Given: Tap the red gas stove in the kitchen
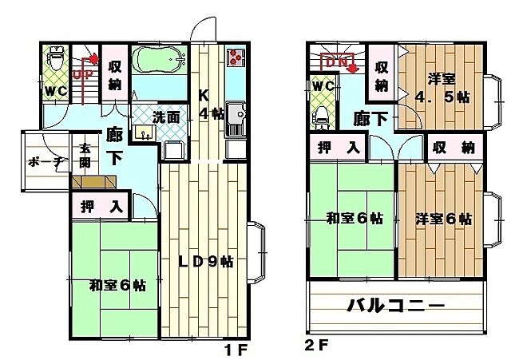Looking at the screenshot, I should [x=236, y=57].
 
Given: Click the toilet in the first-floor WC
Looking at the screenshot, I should [x=56, y=59].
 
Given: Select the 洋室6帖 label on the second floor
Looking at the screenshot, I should [x=443, y=218].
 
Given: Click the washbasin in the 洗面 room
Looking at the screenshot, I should [x=145, y=132].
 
